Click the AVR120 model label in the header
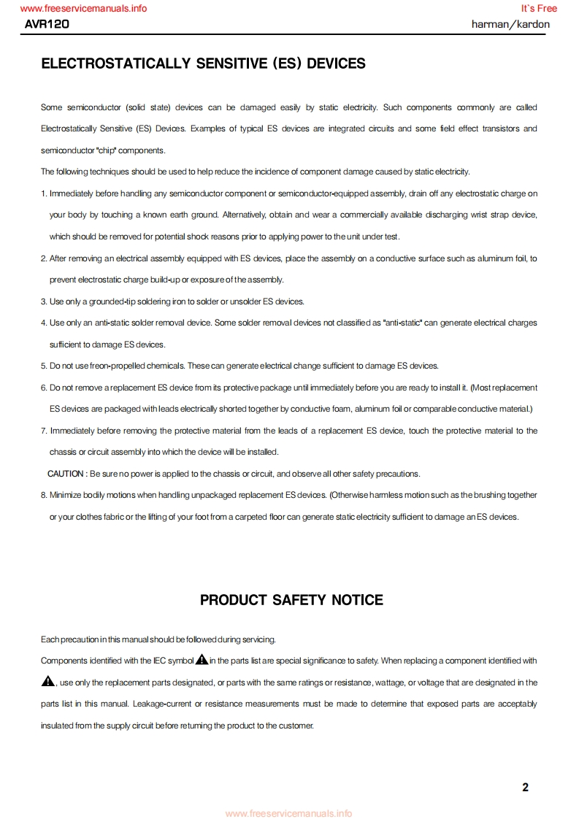pos(47,24)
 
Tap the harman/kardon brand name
pos(510,24)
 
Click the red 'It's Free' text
pos(539,9)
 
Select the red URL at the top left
pos(83,9)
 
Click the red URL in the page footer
pos(288,813)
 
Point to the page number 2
pos(525,787)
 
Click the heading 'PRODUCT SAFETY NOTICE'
pos(291,600)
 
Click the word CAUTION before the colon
pos(66,474)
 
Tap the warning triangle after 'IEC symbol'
pos(202,660)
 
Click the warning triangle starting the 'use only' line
pos(48,682)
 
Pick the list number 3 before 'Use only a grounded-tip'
pos(43,301)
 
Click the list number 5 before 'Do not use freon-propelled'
pos(43,366)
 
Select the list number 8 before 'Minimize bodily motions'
pos(43,495)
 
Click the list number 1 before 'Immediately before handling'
pos(43,193)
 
